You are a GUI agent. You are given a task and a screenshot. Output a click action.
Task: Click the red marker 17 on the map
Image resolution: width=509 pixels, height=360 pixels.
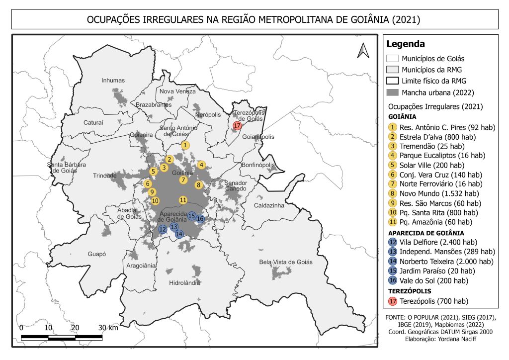pyautogui.click(x=237, y=125)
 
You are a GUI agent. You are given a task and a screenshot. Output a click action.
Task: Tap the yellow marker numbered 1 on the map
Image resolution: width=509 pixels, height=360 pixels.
pyautogui.click(x=185, y=145)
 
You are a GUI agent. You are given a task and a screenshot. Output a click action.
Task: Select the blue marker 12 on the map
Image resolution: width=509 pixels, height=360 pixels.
pyautogui.click(x=163, y=229)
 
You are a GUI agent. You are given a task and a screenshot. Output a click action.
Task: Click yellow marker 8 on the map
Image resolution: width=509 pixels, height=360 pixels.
pyautogui.click(x=198, y=185)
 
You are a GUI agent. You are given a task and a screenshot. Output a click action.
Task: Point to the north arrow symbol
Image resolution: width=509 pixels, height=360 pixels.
pyautogui.click(x=362, y=50)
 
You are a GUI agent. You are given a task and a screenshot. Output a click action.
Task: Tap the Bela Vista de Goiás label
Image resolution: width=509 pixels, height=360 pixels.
pyautogui.click(x=286, y=262)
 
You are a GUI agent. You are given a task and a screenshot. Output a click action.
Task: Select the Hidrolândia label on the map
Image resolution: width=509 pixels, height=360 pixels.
pyautogui.click(x=184, y=282)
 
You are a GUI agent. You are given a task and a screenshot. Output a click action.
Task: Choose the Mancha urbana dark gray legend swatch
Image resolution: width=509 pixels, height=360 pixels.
pyautogui.click(x=393, y=92)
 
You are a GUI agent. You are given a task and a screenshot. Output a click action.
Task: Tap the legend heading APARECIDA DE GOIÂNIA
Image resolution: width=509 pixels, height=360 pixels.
pyautogui.click(x=426, y=232)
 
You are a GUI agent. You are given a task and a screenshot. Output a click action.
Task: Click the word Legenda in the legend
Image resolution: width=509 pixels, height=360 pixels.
pyautogui.click(x=405, y=44)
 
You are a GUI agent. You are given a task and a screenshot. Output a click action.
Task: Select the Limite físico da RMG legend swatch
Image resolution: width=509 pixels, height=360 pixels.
pyautogui.click(x=393, y=81)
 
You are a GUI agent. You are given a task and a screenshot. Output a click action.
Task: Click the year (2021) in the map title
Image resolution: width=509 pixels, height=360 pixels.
pyautogui.click(x=406, y=20)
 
